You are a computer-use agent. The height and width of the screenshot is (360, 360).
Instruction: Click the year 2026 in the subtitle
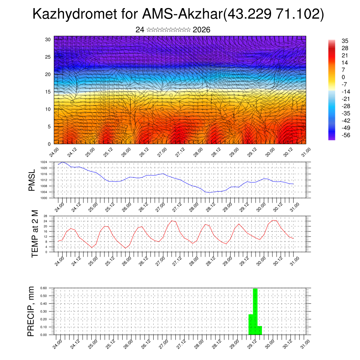click(201, 30)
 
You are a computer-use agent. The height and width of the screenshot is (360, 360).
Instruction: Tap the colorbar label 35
click(345, 41)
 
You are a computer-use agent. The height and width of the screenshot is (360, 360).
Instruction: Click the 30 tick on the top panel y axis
click(48, 39)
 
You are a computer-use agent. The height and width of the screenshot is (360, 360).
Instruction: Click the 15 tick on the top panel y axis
click(48, 92)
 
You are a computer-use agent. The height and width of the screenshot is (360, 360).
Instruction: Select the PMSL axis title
click(32, 181)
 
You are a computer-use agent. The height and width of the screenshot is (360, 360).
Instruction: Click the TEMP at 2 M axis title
click(34, 234)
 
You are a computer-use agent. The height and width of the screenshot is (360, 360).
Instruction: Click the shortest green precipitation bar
click(260, 330)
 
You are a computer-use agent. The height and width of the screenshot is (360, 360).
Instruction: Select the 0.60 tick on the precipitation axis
click(44, 288)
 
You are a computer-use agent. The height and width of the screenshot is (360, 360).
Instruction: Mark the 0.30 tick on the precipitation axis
click(44, 311)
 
